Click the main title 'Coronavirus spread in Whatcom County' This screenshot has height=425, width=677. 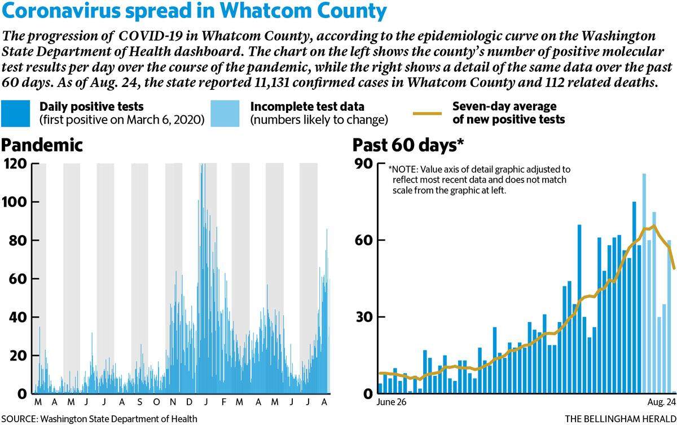[194, 11]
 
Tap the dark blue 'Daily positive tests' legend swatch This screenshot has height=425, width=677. [15, 114]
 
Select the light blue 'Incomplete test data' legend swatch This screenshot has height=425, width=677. [225, 114]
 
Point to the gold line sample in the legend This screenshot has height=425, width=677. [428, 114]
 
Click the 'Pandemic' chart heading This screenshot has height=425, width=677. [42, 145]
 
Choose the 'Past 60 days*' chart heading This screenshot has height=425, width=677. [408, 145]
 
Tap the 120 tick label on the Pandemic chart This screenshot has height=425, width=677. [15, 164]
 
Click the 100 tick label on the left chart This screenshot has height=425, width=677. [15, 202]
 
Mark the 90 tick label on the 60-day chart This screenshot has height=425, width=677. [364, 164]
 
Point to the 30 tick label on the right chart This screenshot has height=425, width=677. [364, 317]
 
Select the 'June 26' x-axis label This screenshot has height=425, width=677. [392, 402]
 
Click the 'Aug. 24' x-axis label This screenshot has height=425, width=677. [661, 402]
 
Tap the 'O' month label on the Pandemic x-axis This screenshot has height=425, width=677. [157, 402]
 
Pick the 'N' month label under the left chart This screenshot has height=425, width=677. [173, 402]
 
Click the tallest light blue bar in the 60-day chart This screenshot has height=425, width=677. [644, 283]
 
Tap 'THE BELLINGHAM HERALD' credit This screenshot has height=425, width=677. [621, 419]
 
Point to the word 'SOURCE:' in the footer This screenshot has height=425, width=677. [20, 419]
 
